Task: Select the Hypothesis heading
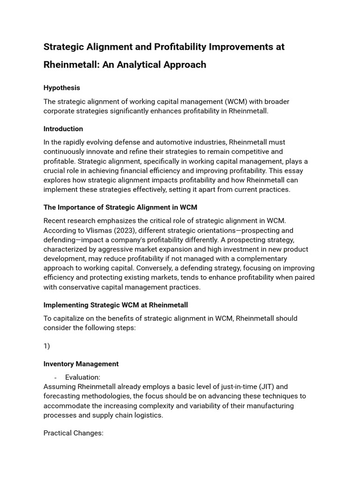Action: click(x=62, y=88)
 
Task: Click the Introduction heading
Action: click(x=63, y=129)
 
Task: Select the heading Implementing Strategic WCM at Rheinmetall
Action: click(x=116, y=305)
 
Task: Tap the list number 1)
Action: click(x=47, y=346)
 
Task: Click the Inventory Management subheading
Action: click(x=81, y=364)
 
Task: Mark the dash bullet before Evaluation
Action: click(x=55, y=377)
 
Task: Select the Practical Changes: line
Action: click(x=74, y=433)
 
